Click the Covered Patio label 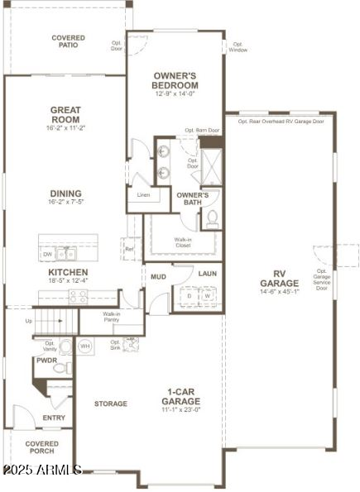coord(68,41)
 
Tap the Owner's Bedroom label coord(175,80)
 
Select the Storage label coord(110,404)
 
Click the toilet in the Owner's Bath coord(211,217)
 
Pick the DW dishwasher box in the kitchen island coord(48,255)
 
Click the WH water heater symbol coord(85,346)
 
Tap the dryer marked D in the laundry coord(190,295)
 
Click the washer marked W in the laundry coord(208,295)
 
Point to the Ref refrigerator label coord(129,248)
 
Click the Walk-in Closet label coord(182,242)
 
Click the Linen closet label coord(143,195)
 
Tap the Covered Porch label coord(41,447)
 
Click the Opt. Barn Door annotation coord(202,130)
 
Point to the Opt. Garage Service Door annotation coord(321,279)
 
